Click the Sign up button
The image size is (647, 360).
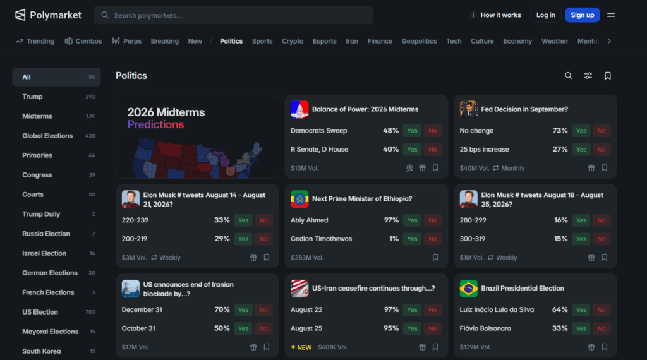(582, 15)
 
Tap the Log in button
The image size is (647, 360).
(545, 15)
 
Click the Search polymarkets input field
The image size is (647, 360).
(234, 15)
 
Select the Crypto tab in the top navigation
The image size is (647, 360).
(293, 41)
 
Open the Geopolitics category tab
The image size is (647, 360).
(420, 41)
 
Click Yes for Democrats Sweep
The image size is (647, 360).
(412, 131)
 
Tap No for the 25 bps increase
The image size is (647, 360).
(602, 149)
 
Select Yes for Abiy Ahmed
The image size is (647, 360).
(412, 220)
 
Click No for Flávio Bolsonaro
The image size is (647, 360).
(602, 328)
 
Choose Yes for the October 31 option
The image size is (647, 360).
(243, 328)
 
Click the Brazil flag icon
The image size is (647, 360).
(468, 289)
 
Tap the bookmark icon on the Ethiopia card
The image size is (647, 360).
(435, 257)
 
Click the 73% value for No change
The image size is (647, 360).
(560, 131)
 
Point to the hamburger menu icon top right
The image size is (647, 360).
(611, 15)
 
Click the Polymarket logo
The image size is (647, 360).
(48, 15)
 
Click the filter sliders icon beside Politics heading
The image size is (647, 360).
(588, 76)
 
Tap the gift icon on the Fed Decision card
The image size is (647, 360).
(591, 168)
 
